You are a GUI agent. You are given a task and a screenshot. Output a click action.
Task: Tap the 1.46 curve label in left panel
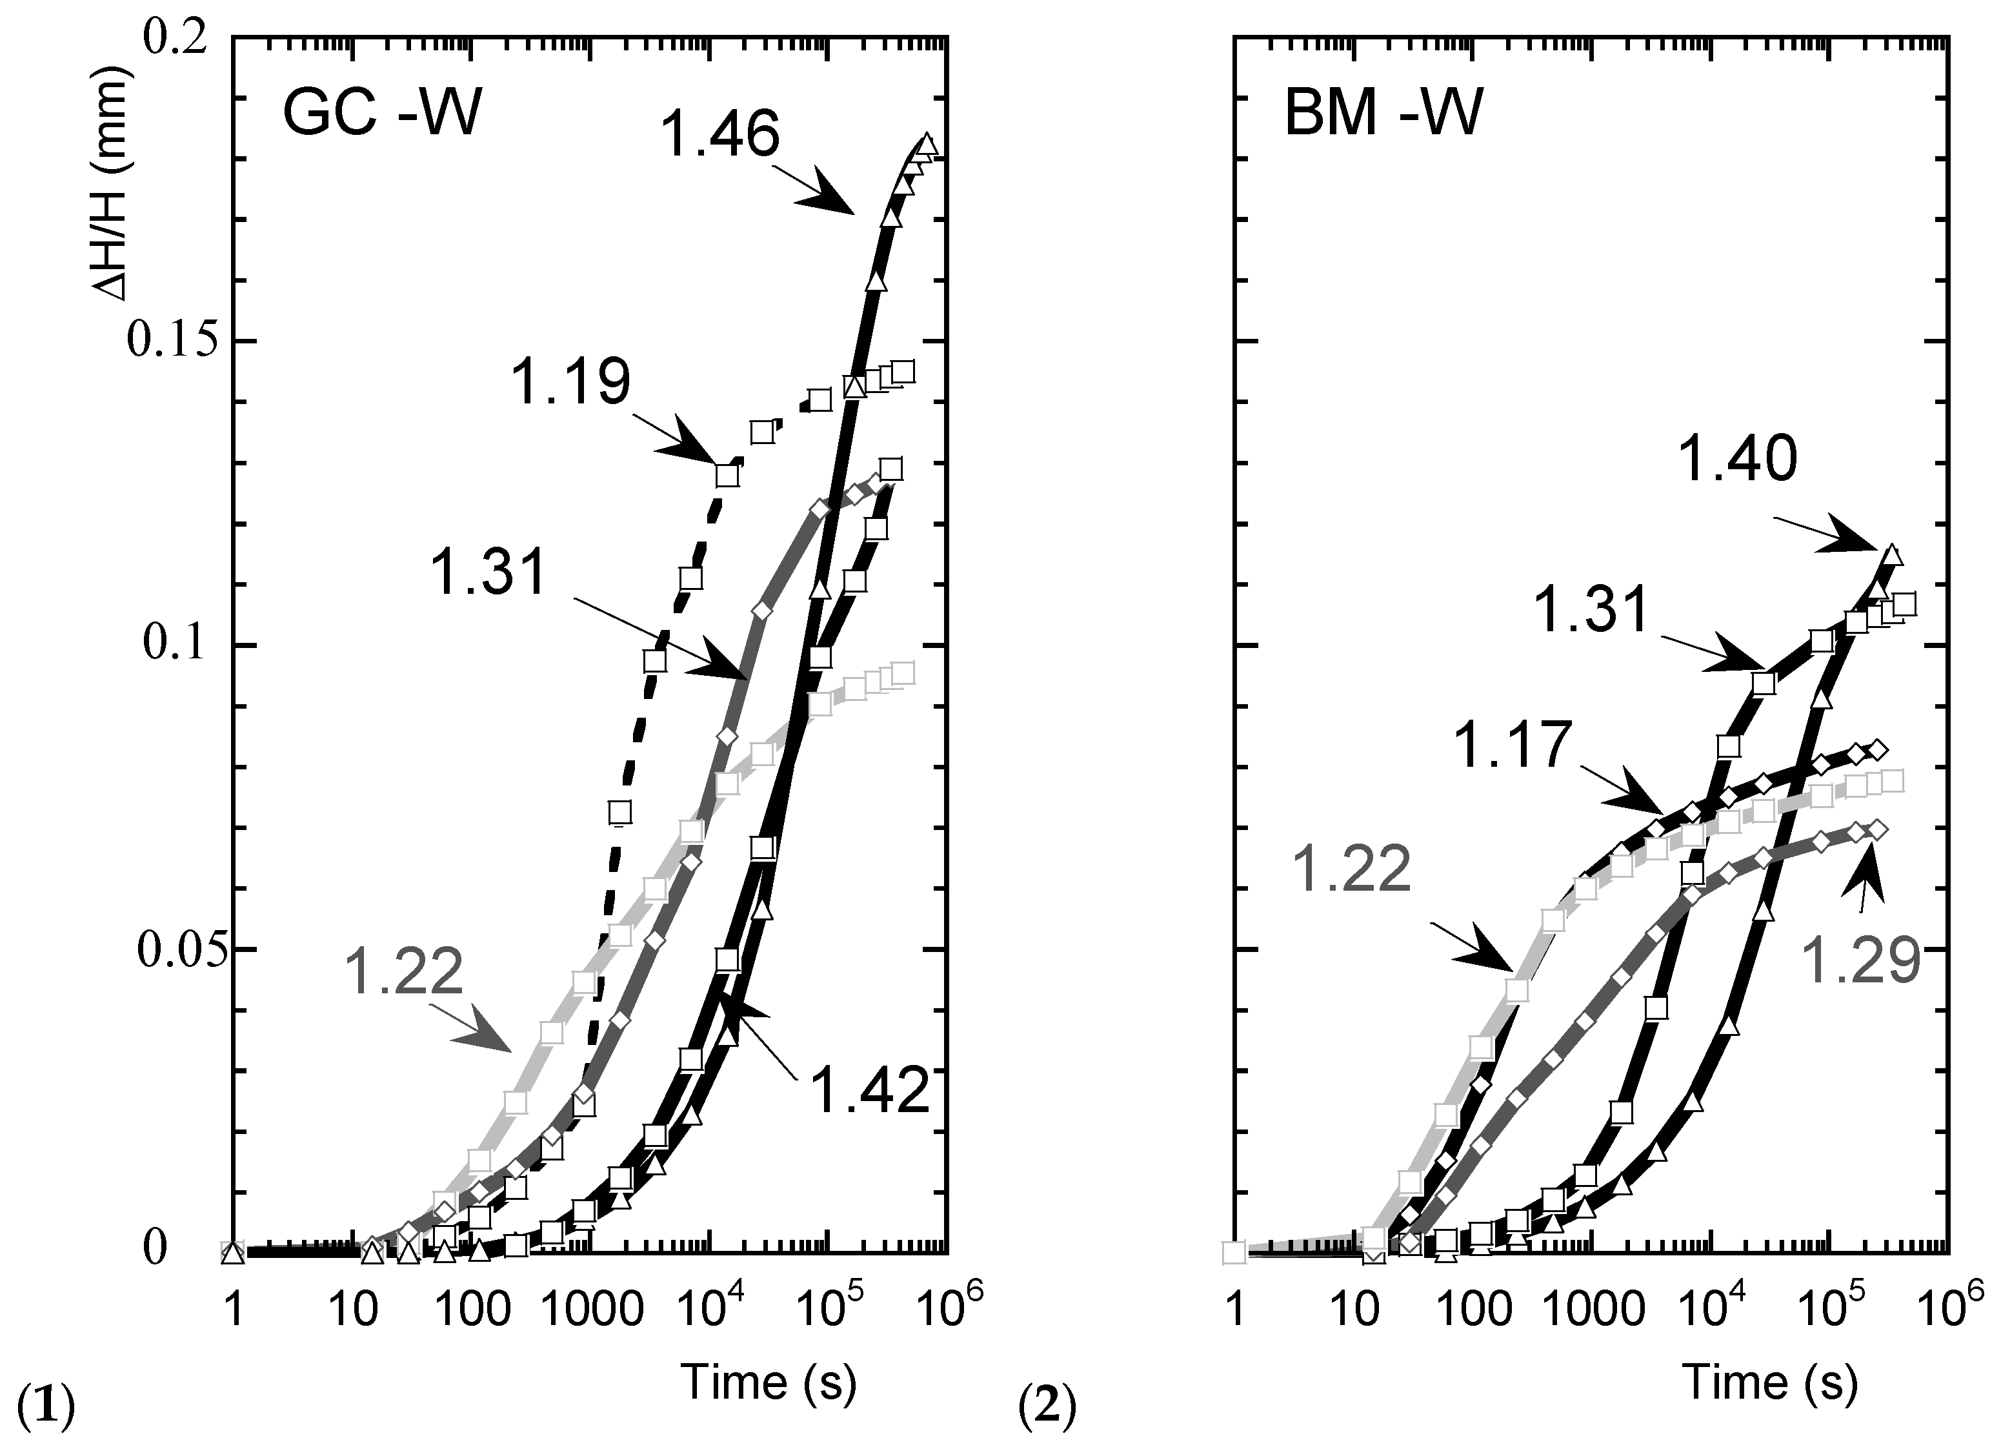click(x=720, y=135)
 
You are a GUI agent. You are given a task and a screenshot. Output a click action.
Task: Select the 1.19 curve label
click(x=571, y=384)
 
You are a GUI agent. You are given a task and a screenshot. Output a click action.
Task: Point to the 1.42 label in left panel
click(x=870, y=1091)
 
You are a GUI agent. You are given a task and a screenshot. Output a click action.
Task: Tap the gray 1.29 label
click(x=1860, y=961)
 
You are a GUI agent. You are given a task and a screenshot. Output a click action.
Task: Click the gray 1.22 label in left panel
click(x=403, y=971)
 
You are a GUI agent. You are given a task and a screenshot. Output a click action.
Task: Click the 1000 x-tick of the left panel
click(x=591, y=1310)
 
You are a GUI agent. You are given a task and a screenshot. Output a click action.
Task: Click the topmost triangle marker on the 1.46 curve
click(x=927, y=144)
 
